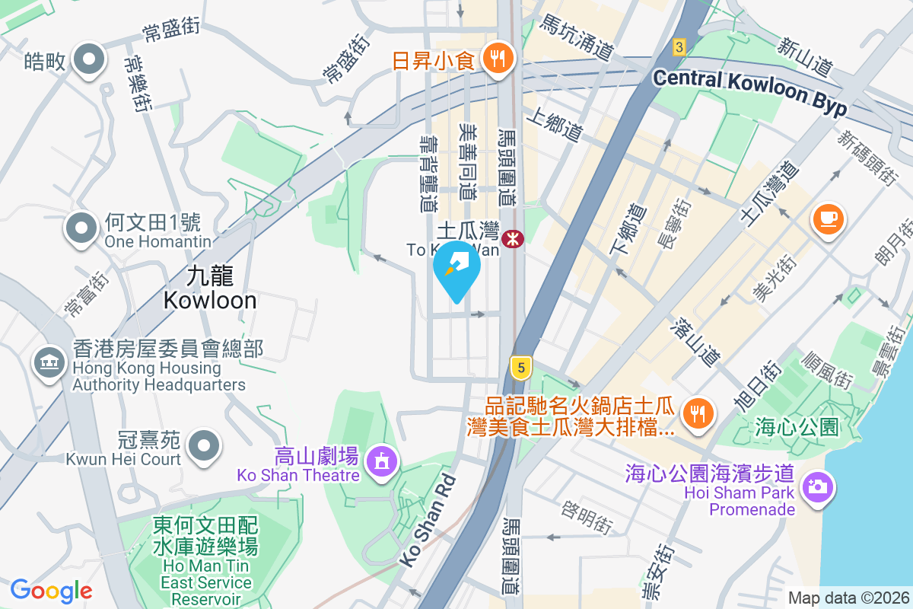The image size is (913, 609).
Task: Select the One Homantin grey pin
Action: tap(83, 227)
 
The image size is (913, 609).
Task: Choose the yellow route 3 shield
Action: tap(679, 47)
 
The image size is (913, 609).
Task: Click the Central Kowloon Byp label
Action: tap(749, 92)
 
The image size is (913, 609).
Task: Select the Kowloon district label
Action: tap(210, 288)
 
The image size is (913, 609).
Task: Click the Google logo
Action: tap(51, 590)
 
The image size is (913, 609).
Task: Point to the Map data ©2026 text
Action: tap(848, 598)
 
